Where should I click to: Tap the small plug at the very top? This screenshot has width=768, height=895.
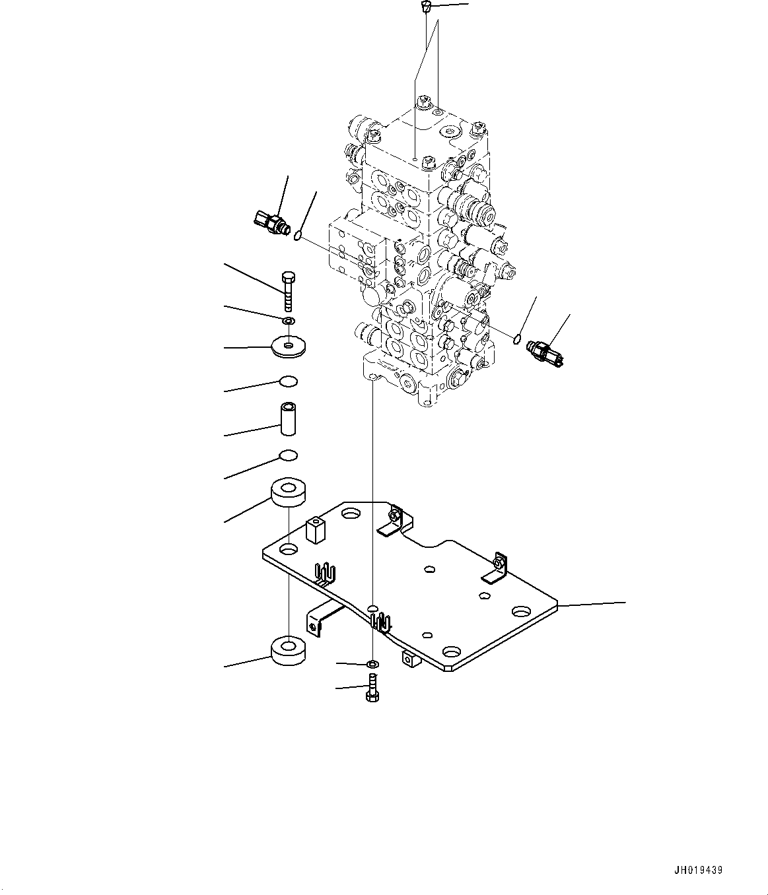[x=426, y=8]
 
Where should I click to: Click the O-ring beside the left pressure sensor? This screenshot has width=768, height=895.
[x=299, y=234]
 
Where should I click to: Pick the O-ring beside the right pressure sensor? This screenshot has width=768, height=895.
[x=518, y=340]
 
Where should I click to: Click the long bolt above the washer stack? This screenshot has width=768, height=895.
[x=288, y=290]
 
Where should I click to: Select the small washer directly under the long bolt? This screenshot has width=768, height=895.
[x=288, y=321]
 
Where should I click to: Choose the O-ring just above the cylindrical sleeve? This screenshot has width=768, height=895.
[x=289, y=381]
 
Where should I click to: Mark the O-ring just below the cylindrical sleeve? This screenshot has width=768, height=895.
[x=289, y=455]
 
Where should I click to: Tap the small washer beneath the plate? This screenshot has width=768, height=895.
[x=372, y=663]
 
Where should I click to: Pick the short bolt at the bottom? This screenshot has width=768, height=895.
[x=372, y=688]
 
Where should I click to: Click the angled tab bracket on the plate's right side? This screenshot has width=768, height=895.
[x=496, y=569]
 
